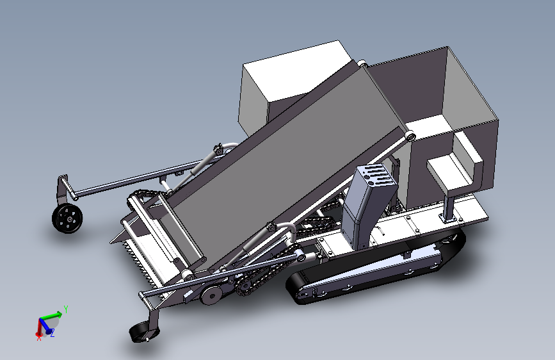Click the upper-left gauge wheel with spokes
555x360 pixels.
point(67,219)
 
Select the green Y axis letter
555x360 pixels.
point(66,309)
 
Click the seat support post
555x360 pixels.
point(449,206)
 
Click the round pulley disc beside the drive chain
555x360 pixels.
point(211,295)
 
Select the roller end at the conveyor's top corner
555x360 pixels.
point(362,63)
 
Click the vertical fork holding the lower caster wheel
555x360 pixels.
point(152,318)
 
